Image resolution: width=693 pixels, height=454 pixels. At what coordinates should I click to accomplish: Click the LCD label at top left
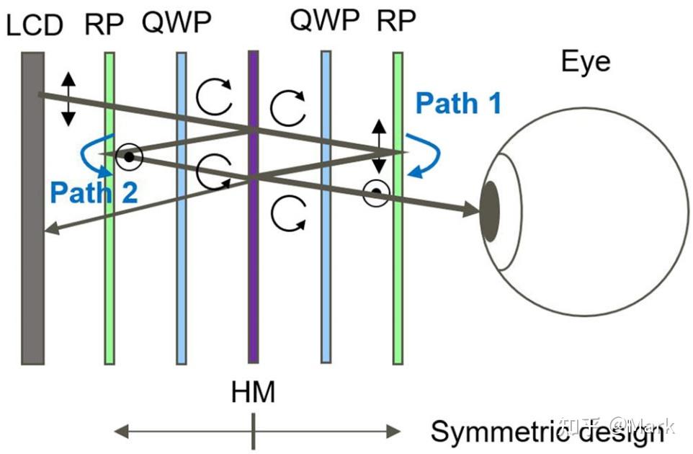tap(35, 26)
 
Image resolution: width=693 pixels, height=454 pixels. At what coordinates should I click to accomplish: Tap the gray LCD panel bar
tap(32, 288)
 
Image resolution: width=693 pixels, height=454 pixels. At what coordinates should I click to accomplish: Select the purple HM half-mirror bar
tap(253, 288)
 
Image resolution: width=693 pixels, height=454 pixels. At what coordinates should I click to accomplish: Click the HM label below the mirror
tap(253, 393)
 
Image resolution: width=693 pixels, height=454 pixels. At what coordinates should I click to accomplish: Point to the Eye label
tap(586, 62)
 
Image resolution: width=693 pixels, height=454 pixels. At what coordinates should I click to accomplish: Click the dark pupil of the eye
tap(490, 212)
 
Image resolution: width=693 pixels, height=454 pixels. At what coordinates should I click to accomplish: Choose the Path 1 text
tap(459, 104)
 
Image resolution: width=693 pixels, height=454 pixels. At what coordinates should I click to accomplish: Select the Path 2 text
tap(94, 192)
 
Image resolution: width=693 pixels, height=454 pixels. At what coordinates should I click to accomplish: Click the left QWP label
tap(176, 25)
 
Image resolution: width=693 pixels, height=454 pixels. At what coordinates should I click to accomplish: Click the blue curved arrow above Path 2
tap(94, 155)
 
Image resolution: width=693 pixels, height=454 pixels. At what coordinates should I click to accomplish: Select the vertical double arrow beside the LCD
tap(68, 99)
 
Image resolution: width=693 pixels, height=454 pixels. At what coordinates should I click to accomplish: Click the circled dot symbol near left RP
tap(128, 156)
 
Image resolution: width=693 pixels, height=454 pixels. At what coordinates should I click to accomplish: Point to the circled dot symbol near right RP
tap(376, 193)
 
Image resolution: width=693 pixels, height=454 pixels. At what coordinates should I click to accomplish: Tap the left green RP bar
tap(109, 288)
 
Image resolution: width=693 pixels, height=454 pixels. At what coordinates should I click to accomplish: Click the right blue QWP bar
tap(326, 288)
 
